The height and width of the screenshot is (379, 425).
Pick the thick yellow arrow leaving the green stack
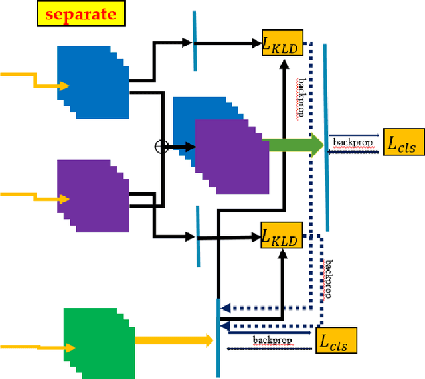(x=174, y=341)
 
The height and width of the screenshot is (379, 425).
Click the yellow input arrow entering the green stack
(x=37, y=346)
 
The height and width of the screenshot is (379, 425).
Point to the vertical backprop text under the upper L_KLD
(x=301, y=97)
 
